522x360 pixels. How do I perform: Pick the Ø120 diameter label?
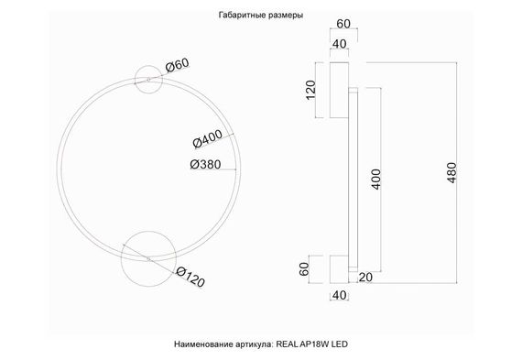click(189, 277)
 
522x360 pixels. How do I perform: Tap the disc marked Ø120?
click(145, 256)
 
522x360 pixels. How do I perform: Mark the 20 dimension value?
click(365, 278)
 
